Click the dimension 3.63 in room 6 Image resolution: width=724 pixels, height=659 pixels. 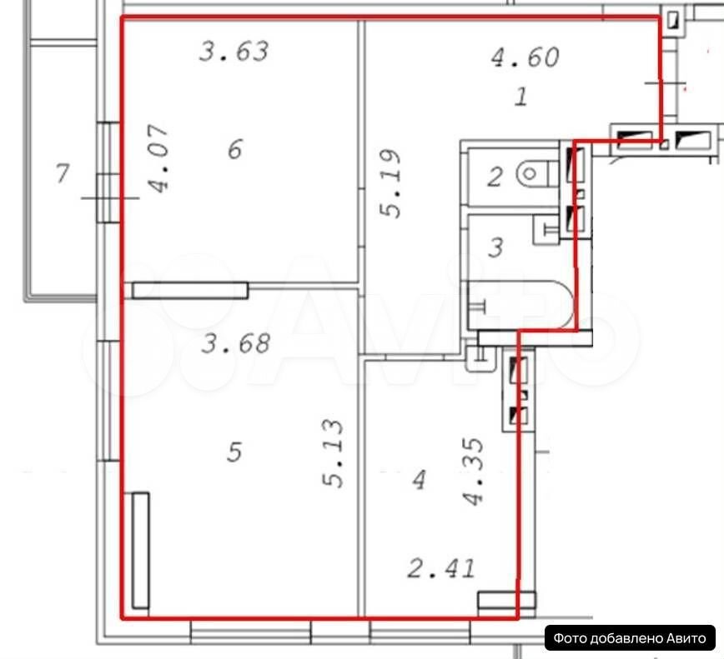[234, 51]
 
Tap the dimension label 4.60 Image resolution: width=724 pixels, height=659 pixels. [525, 57]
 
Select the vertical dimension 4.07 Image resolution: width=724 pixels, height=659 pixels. [158, 158]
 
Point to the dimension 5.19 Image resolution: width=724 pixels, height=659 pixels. [390, 183]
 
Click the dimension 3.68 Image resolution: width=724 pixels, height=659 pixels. [236, 343]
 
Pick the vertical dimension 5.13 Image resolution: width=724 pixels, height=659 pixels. [333, 453]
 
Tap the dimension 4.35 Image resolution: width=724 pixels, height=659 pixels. [473, 472]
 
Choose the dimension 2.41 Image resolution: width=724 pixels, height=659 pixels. [441, 569]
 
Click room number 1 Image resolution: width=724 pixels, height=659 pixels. [521, 97]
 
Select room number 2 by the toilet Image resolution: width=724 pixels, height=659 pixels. [495, 177]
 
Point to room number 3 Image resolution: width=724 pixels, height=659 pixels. [495, 247]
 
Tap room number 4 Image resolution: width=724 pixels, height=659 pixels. [420, 480]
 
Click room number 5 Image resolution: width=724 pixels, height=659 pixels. [234, 452]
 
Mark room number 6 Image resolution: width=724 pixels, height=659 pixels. [235, 149]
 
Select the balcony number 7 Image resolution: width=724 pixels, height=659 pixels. [63, 173]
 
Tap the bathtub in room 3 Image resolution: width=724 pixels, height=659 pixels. [520, 305]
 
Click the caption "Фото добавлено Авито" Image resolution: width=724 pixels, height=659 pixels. [630, 638]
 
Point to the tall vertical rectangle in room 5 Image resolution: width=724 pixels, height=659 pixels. [140, 551]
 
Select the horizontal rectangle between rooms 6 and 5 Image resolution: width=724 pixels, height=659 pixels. [190, 291]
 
